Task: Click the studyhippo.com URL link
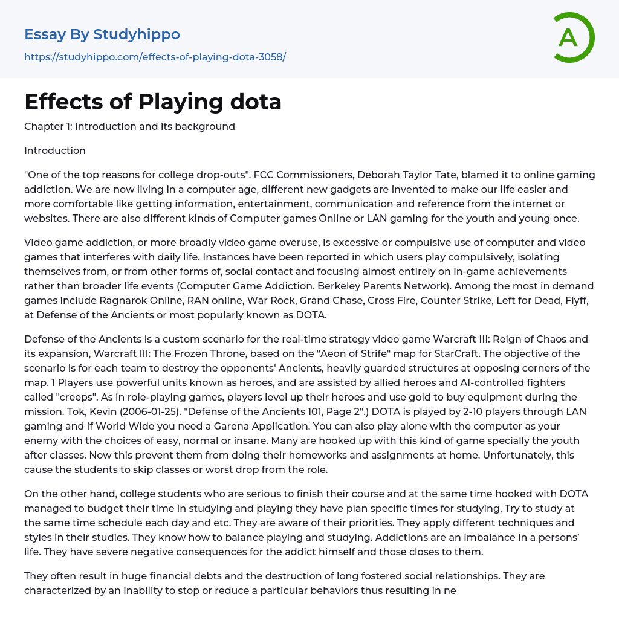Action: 155,57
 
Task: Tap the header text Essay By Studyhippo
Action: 102,34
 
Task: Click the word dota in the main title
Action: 255,102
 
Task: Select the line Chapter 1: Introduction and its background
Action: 129,126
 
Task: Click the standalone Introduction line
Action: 55,150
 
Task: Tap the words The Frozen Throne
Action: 215,353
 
